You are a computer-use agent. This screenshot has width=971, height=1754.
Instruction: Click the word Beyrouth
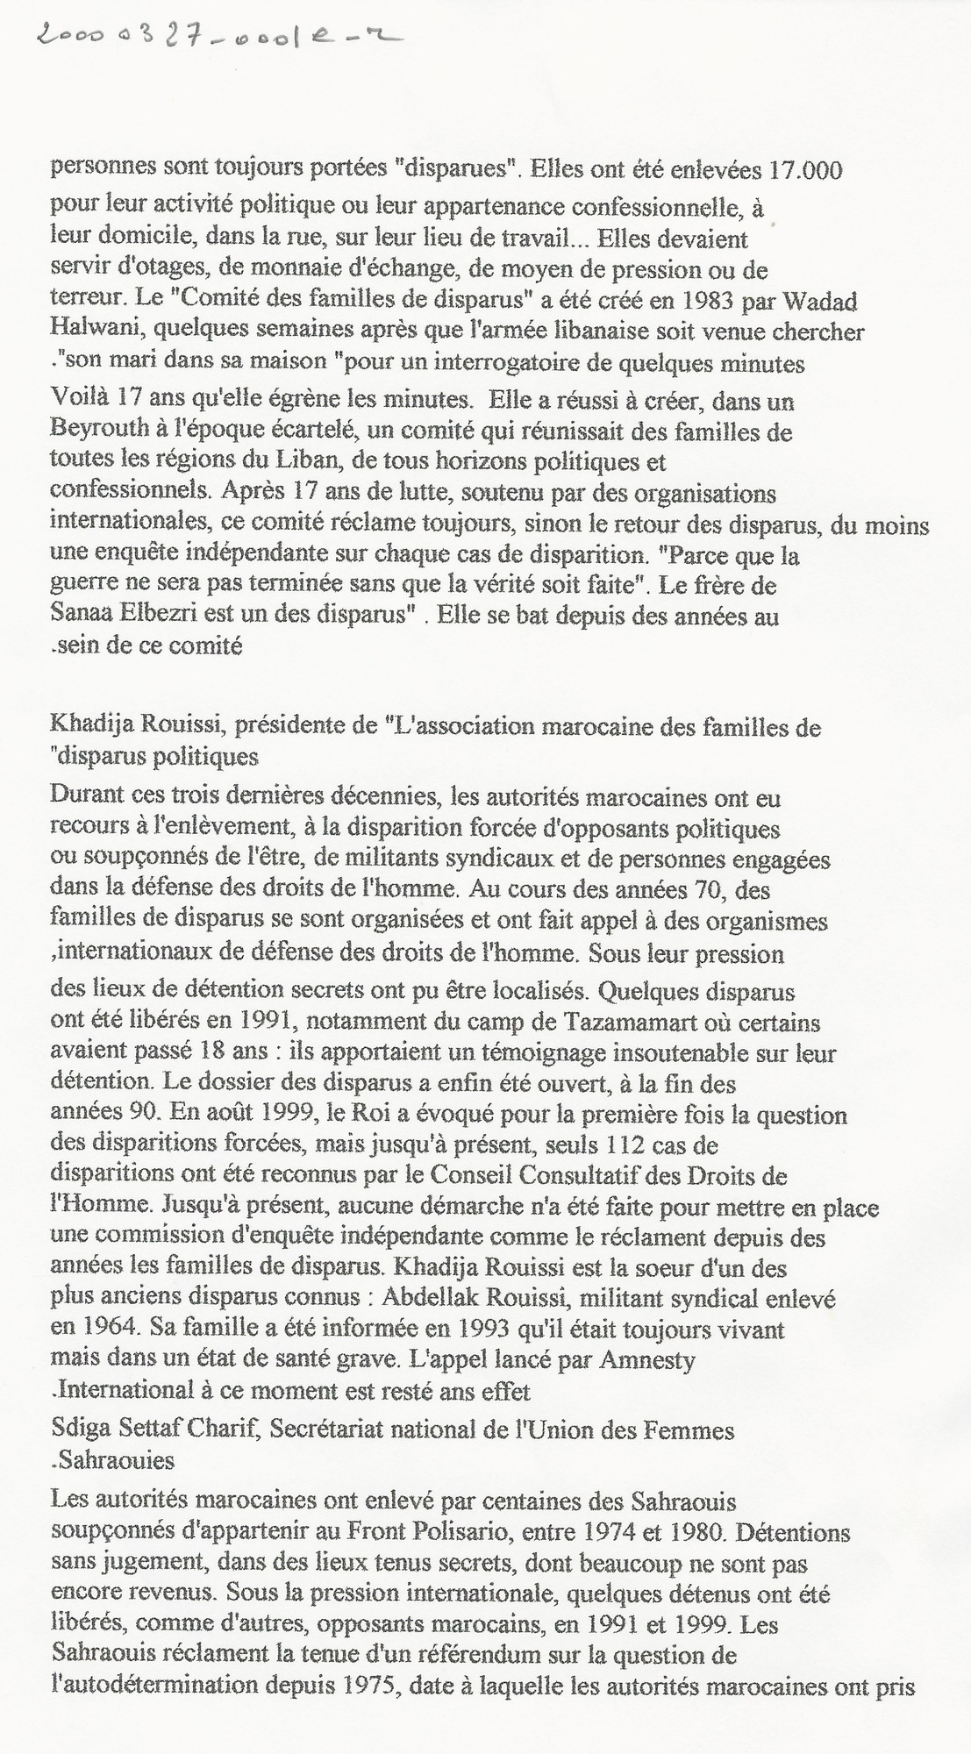[92, 432]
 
